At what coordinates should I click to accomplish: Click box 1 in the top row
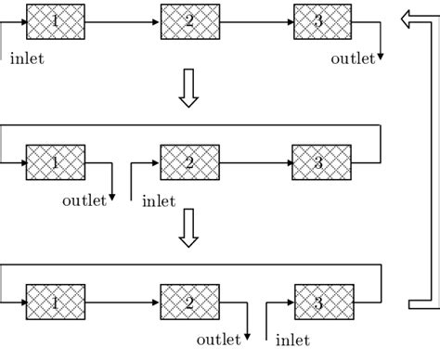(56, 20)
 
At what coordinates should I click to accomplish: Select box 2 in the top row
(189, 20)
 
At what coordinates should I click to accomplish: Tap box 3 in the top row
(322, 20)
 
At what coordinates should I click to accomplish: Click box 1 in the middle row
(56, 162)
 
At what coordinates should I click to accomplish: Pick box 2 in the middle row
(189, 162)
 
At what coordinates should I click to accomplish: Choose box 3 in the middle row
(322, 162)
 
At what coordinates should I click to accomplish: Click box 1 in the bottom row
(56, 302)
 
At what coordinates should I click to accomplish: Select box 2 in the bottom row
(189, 302)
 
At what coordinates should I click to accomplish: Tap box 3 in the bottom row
(322, 302)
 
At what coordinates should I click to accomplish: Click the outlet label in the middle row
(84, 199)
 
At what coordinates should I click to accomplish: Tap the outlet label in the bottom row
(219, 341)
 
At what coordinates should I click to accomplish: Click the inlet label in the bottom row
(293, 341)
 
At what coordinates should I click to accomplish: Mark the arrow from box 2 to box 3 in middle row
(255, 162)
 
